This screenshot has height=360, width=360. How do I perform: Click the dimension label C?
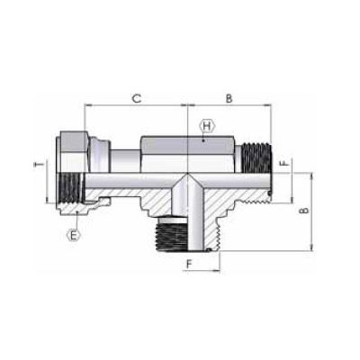[x=137, y=98]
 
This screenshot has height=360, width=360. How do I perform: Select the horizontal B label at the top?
[x=229, y=98]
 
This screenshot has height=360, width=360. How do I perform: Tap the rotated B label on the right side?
[x=304, y=211]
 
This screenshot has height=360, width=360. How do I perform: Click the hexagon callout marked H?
[x=207, y=126]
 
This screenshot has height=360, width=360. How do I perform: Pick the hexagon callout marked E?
[x=73, y=236]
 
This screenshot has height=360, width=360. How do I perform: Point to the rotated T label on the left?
[x=39, y=165]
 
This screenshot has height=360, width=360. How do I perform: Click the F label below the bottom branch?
[x=189, y=264]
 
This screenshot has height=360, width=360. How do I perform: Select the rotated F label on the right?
[x=284, y=164]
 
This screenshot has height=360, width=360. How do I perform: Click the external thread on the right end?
[x=256, y=158]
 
